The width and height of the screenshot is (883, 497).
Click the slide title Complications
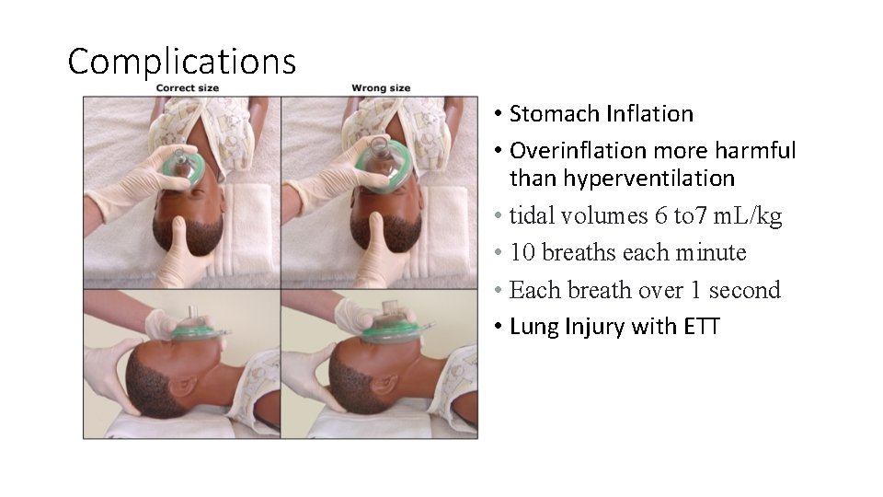pos(182,62)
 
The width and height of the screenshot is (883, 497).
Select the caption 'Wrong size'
pos(381,88)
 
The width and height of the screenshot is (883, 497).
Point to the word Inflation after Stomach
pos(649,114)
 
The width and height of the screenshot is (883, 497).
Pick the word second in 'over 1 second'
pos(747,290)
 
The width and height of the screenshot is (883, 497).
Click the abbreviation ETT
pos(702,326)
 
